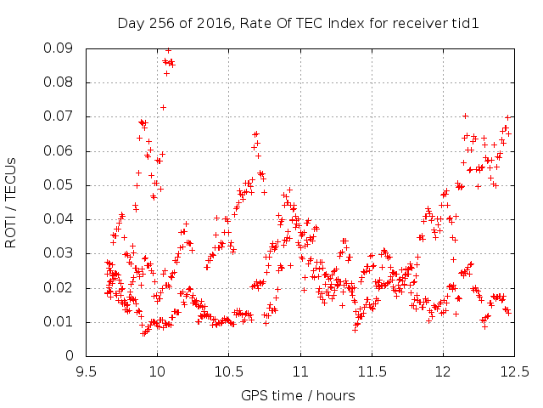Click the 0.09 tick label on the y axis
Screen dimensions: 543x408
click(59, 48)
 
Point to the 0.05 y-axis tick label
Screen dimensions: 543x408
click(59, 185)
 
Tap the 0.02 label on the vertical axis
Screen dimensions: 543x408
click(59, 287)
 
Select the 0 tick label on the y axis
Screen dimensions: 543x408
click(70, 355)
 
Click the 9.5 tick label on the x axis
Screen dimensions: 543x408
click(86, 372)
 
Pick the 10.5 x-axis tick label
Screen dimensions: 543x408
click(228, 372)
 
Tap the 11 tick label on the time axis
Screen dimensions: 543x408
click(300, 372)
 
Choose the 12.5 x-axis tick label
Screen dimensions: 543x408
click(515, 372)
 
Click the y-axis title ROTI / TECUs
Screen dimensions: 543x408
click(11, 202)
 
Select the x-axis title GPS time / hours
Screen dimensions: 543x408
click(298, 395)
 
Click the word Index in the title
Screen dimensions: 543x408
click(346, 23)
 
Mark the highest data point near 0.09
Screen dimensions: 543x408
click(168, 51)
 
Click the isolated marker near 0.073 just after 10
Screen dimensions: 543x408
click(163, 108)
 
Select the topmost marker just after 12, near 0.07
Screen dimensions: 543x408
click(466, 116)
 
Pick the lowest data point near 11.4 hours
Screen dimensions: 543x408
click(355, 331)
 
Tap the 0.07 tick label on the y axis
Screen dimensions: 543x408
click(59, 116)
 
